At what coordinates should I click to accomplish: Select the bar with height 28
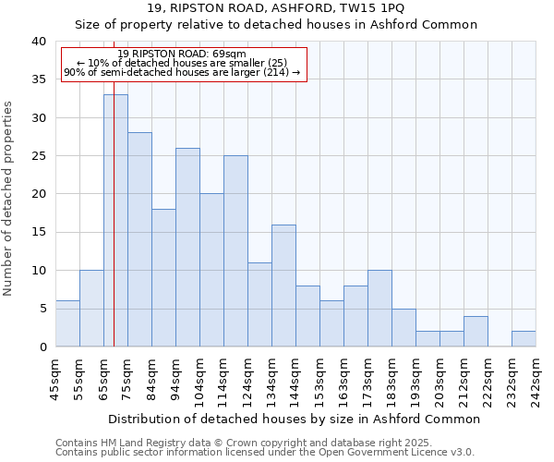tap(139, 239)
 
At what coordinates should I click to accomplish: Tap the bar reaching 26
tap(187, 247)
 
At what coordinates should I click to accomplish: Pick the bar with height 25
tap(235, 250)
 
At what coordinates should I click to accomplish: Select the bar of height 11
tap(259, 304)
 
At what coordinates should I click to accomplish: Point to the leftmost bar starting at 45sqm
tap(67, 323)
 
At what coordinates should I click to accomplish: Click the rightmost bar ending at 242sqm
tap(524, 338)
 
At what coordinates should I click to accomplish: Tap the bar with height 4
tap(476, 331)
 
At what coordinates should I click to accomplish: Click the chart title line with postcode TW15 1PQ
tap(288, 8)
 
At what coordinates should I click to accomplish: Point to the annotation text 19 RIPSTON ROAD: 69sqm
tap(182, 54)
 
